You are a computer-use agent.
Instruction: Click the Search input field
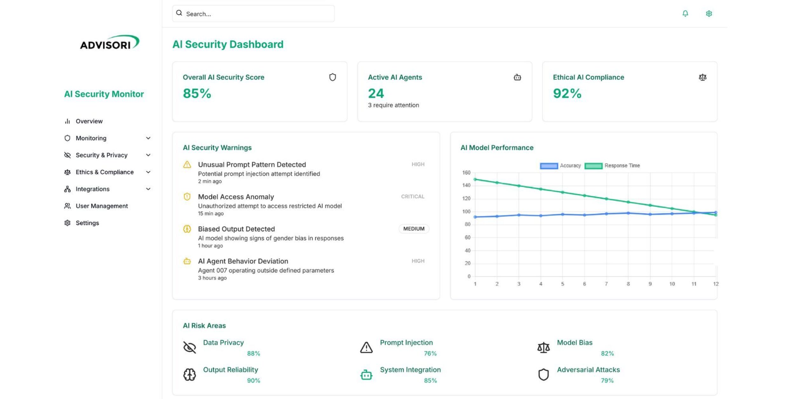253,14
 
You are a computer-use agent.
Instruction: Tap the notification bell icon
685,13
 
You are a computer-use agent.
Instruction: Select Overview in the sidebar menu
89,121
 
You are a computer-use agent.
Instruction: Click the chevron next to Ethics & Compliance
148,172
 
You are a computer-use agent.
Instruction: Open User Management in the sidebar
101,206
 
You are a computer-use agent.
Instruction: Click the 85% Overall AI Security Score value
197,94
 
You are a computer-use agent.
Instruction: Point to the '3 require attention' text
393,105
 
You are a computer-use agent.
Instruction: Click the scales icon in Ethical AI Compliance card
702,77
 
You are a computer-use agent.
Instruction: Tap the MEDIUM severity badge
413,229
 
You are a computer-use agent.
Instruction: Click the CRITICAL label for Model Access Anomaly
412,197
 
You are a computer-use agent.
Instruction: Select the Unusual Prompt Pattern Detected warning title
252,164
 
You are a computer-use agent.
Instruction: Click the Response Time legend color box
593,166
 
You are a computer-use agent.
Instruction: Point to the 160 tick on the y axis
466,172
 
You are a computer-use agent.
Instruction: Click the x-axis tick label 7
606,284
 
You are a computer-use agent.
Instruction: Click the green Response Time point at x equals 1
475,179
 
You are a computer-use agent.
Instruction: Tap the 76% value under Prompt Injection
430,353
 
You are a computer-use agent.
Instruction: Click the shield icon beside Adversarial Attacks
543,374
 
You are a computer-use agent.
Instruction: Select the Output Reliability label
230,370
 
